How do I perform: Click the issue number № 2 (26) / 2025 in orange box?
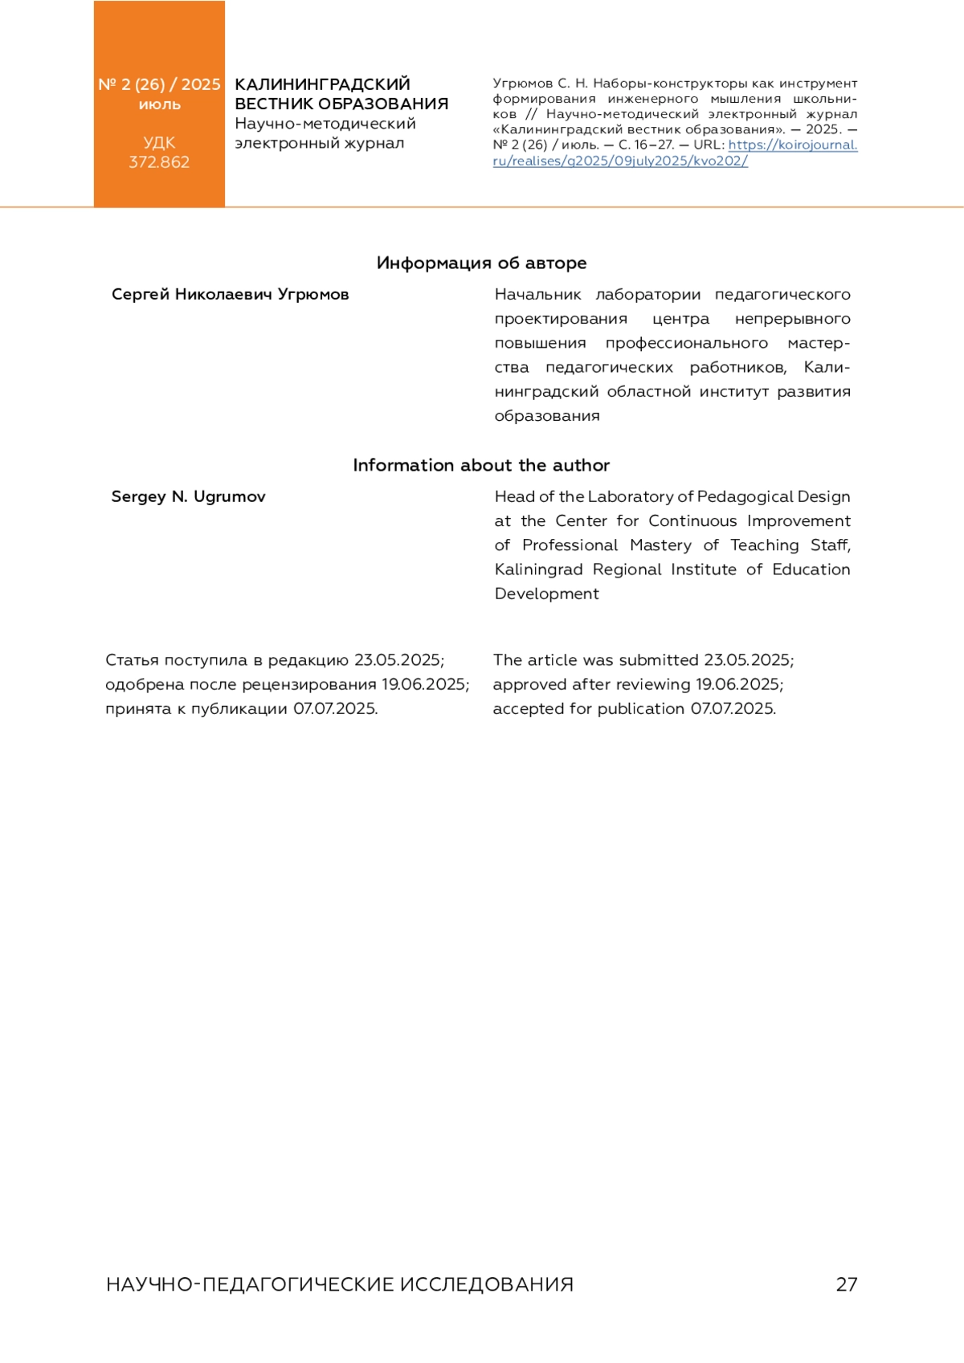(159, 84)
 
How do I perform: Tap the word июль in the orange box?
(159, 104)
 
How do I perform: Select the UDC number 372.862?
(159, 161)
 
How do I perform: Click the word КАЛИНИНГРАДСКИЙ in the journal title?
(322, 84)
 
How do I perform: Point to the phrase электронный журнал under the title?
(319, 143)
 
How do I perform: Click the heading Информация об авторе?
(481, 263)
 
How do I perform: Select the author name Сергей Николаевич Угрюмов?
(230, 294)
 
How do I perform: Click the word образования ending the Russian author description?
(547, 416)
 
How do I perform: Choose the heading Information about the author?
(481, 465)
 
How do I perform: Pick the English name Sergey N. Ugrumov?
(188, 496)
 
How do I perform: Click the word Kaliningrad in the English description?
(538, 569)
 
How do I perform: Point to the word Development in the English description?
(546, 594)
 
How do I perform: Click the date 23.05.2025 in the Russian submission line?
(398, 660)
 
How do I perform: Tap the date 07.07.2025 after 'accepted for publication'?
(733, 708)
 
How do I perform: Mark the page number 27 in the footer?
(847, 1284)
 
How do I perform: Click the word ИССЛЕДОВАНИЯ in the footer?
(487, 1284)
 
